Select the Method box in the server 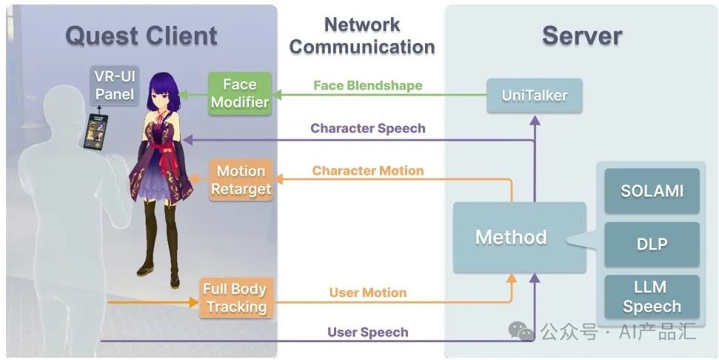[x=511, y=237]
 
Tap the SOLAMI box [x=652, y=191]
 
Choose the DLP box [x=652, y=244]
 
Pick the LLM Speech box [x=652, y=296]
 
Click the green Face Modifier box [x=239, y=93]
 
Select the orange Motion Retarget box [x=241, y=180]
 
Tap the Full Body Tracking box [x=236, y=298]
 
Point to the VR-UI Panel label [x=115, y=84]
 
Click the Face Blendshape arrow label [x=367, y=85]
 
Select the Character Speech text [x=368, y=128]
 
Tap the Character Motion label [x=368, y=170]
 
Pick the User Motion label [x=368, y=293]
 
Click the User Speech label [x=368, y=333]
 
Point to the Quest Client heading [x=141, y=35]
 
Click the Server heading [x=582, y=35]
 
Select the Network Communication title [x=363, y=35]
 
